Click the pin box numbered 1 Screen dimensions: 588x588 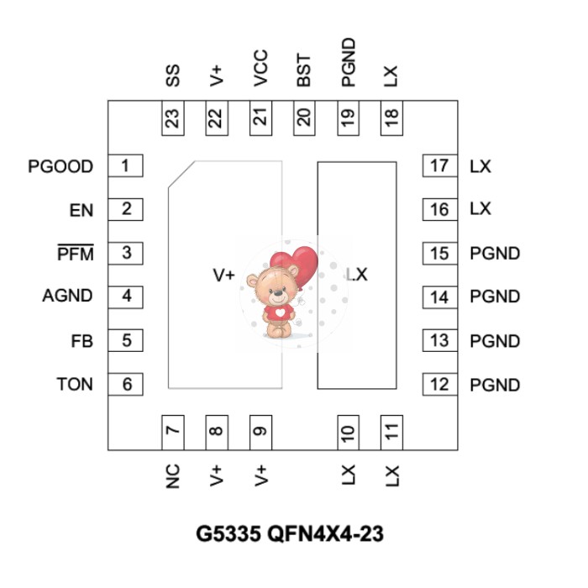tap(125, 165)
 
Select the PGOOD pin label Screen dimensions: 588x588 tap(60, 166)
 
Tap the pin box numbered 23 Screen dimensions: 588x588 tap(172, 118)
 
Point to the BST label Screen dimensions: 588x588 tap(303, 70)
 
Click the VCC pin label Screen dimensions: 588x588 tap(260, 68)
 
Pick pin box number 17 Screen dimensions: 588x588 tap(440, 165)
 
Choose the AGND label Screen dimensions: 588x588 tap(67, 296)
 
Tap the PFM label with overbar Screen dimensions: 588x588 tap(76, 252)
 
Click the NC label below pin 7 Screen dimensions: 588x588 tap(172, 476)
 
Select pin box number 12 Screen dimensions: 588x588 tap(440, 385)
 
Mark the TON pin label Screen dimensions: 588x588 tap(75, 385)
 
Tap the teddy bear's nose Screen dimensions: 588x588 tap(277, 292)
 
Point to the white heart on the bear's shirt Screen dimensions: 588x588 tap(280, 312)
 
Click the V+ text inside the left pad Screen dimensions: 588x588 tap(224, 275)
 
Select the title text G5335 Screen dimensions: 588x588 tap(228, 533)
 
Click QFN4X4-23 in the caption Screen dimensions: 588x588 tap(326, 533)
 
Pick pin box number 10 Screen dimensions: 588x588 tap(348, 433)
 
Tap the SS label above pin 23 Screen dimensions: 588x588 tap(172, 76)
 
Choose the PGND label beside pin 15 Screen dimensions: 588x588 tap(495, 254)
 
